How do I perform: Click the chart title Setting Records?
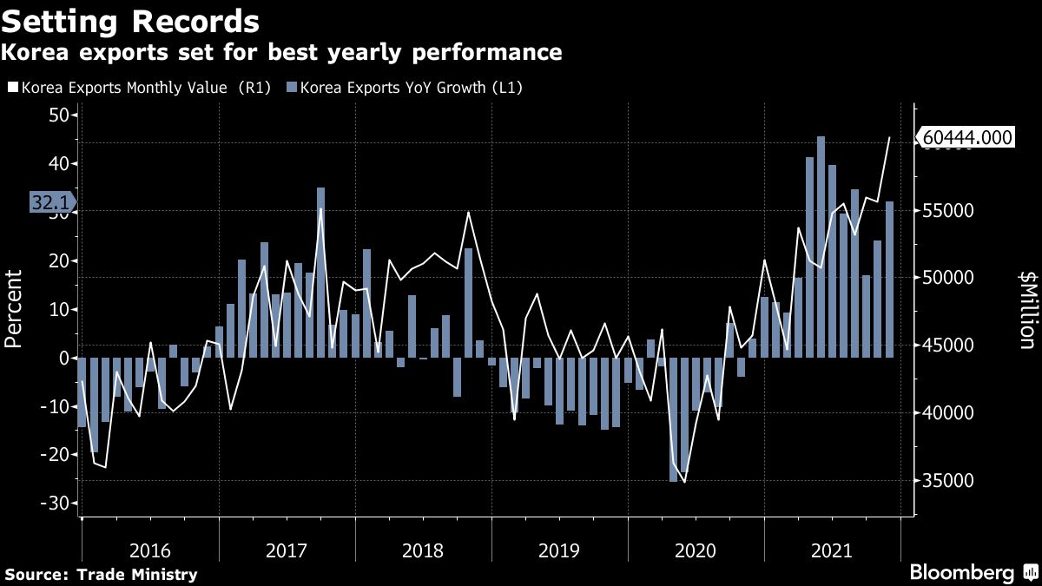(129, 20)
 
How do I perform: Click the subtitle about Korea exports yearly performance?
(281, 53)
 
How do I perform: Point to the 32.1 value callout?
(51, 202)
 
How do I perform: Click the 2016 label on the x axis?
(149, 550)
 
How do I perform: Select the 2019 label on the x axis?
(559, 550)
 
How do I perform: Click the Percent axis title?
(14, 309)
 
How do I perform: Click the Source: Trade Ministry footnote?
(101, 574)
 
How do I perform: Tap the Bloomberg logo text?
(961, 573)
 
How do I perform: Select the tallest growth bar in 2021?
(821, 247)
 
